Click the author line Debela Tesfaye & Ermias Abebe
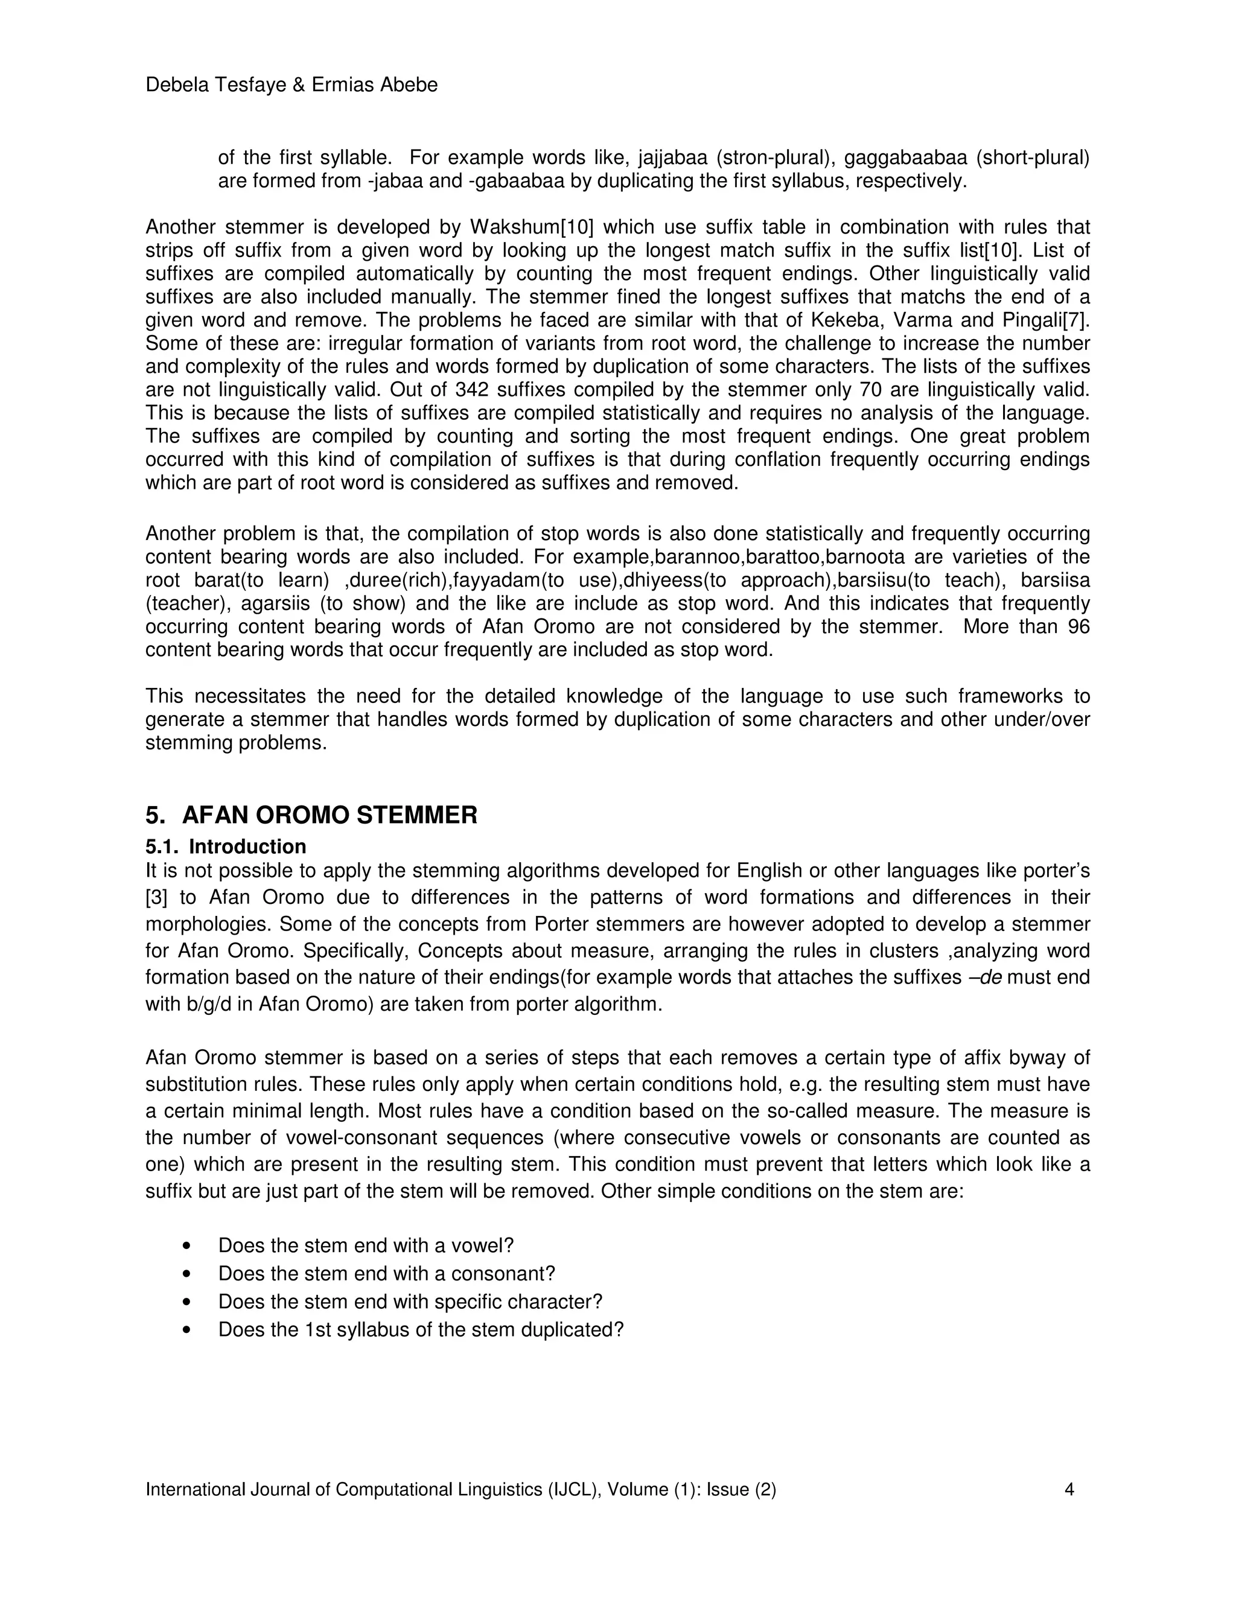coord(291,86)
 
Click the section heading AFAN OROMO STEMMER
coord(329,815)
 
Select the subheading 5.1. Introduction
coord(226,847)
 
